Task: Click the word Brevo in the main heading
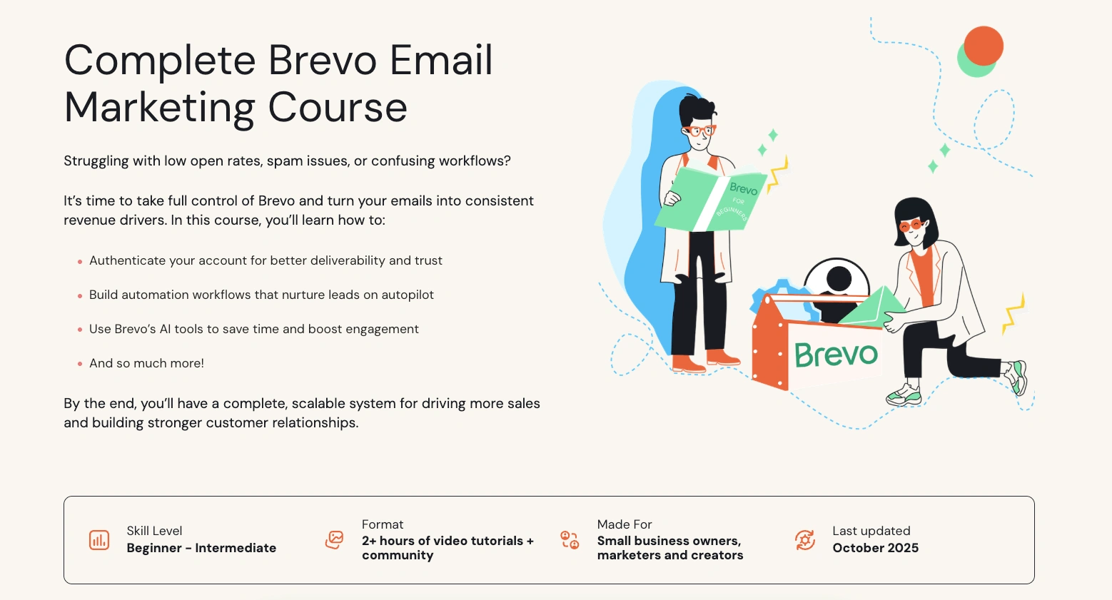pyautogui.click(x=323, y=60)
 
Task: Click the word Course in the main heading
pyautogui.click(x=337, y=108)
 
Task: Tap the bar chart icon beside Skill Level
pyautogui.click(x=99, y=540)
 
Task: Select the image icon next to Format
pyautogui.click(x=334, y=539)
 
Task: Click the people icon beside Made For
pyautogui.click(x=570, y=539)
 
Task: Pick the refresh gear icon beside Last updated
pyautogui.click(x=805, y=540)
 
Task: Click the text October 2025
pyautogui.click(x=875, y=548)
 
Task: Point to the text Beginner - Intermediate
pyautogui.click(x=201, y=548)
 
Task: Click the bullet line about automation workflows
pyautogui.click(x=261, y=295)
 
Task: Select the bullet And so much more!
pyautogui.click(x=146, y=363)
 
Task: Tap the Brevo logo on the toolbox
pyautogui.click(x=836, y=355)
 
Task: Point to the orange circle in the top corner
pyautogui.click(x=984, y=46)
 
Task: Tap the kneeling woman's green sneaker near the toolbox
pyautogui.click(x=903, y=395)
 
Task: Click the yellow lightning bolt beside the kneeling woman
pyautogui.click(x=1014, y=312)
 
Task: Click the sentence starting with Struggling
pyautogui.click(x=287, y=161)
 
